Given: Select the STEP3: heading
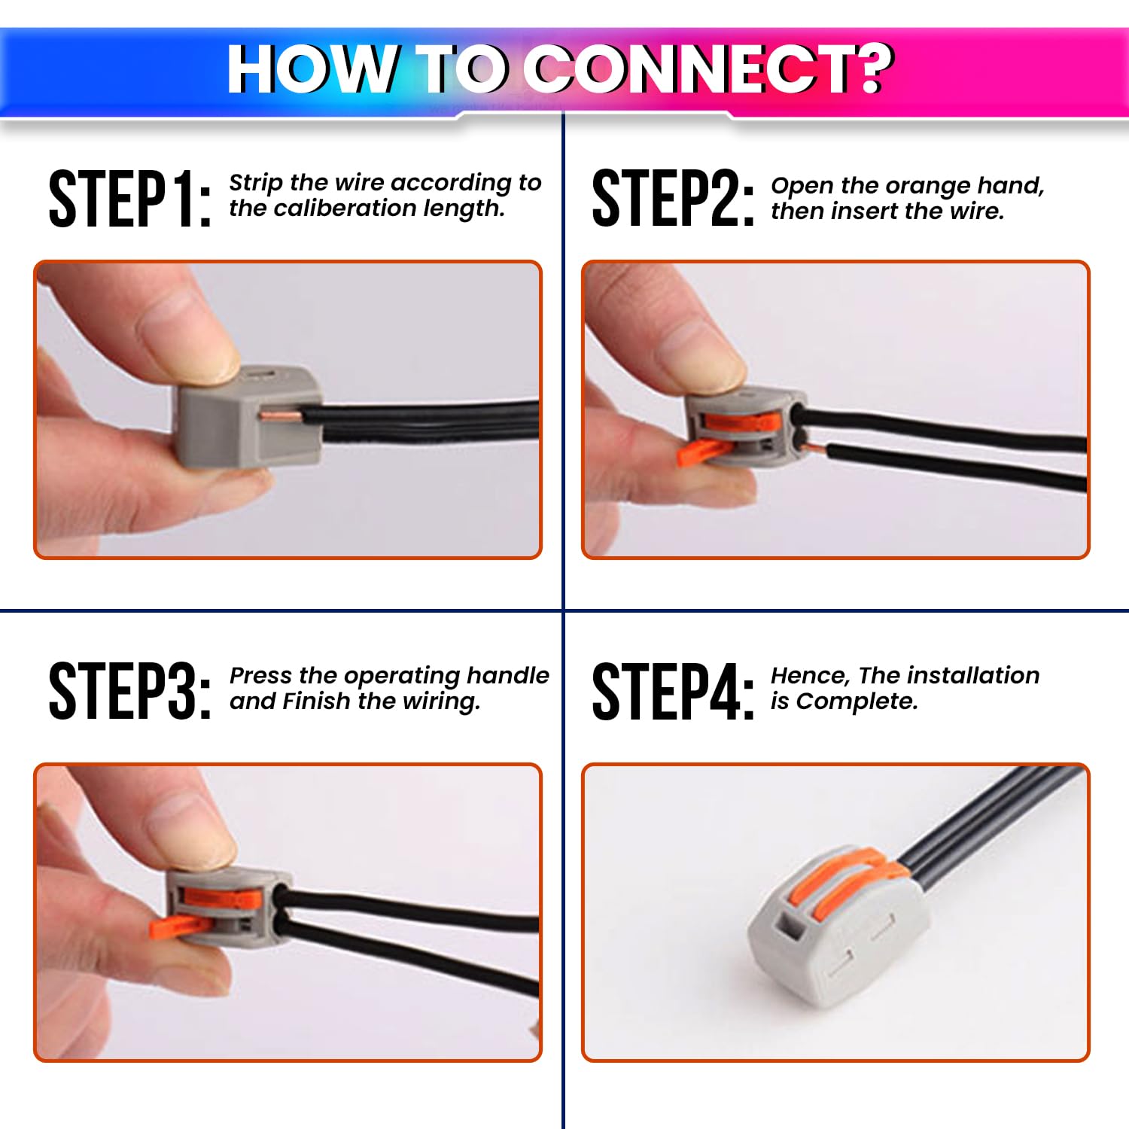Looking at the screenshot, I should pyautogui.click(x=129, y=691).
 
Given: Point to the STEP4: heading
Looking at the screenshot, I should pyautogui.click(x=672, y=691).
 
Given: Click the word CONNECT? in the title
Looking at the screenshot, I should pyautogui.click(x=708, y=69).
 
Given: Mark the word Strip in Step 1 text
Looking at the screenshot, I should pyautogui.click(x=256, y=183).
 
